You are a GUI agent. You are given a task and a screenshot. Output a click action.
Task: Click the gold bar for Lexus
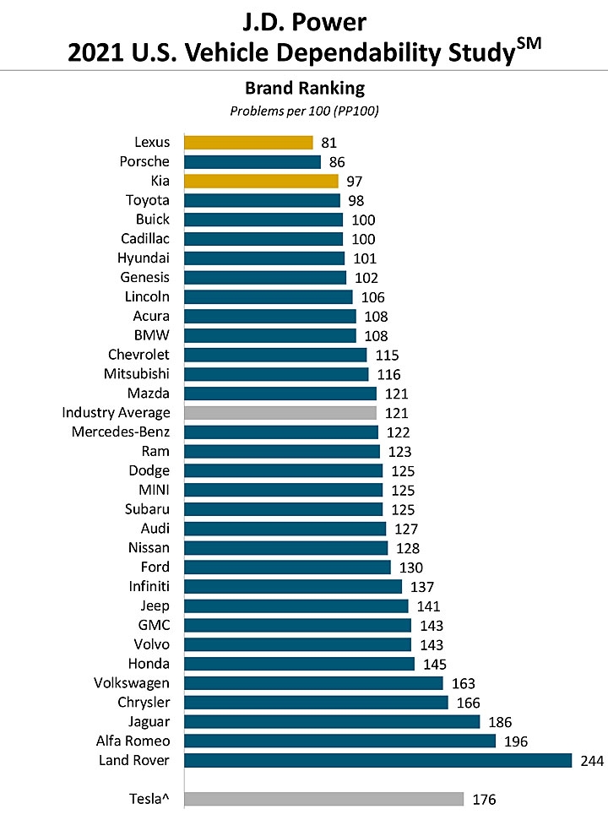coord(248,143)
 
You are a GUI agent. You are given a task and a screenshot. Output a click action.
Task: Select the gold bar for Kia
coord(261,181)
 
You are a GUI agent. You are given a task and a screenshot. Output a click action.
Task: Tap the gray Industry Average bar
coord(280,413)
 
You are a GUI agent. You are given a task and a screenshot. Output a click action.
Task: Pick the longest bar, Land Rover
coord(377,760)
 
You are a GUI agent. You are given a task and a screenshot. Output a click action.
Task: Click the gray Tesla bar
coord(323,799)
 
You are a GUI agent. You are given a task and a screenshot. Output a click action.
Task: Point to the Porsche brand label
coord(144,161)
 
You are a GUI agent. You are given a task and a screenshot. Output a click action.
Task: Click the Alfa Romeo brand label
coord(133,741)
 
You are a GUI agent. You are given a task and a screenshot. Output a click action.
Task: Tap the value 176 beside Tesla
coord(485,800)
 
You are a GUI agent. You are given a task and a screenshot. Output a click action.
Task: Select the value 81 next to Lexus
coord(328,143)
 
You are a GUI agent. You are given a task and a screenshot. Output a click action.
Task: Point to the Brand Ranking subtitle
coord(303,88)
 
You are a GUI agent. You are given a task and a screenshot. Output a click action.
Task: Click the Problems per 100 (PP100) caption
coord(303,110)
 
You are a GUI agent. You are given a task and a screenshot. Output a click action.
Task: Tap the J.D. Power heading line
coord(303,20)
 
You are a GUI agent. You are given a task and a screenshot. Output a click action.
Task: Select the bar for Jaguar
coord(331,721)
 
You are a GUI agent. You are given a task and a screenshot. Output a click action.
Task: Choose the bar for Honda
coord(299,664)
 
